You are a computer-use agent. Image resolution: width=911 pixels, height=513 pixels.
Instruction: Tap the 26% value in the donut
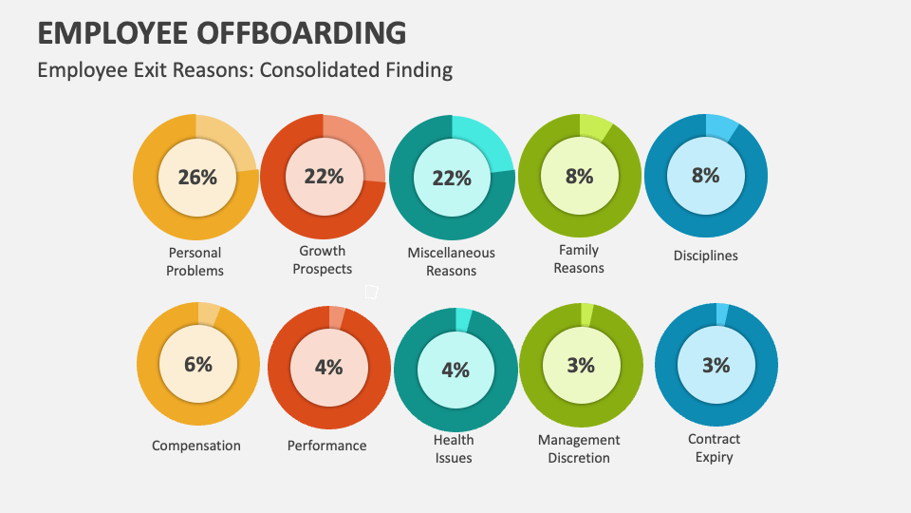pos(196,177)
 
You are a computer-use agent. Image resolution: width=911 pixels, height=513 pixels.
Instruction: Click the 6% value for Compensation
pos(198,364)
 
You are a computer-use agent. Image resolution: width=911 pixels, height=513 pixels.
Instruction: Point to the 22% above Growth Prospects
pos(324,176)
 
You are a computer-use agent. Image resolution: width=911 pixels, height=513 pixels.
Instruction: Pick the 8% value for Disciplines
pos(705,175)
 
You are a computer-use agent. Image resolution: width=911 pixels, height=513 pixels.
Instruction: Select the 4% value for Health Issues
pos(455,370)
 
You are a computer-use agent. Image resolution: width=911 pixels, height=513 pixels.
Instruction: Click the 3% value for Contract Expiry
pos(716,365)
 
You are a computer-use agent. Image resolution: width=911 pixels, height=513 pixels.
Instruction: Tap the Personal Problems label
pos(195,261)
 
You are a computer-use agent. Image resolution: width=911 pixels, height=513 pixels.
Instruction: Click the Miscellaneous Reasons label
pos(451,261)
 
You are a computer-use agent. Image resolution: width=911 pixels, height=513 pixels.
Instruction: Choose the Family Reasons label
pos(578,259)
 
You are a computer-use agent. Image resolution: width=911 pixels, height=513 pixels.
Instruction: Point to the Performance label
pos(326,446)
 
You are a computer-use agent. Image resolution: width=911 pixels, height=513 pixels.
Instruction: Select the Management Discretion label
pos(579,448)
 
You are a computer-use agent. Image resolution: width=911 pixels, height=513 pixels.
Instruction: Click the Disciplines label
pos(705,256)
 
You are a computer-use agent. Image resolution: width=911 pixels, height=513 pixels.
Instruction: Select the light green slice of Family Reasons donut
pos(595,126)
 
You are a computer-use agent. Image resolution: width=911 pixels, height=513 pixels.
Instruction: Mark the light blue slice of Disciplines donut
pos(721,126)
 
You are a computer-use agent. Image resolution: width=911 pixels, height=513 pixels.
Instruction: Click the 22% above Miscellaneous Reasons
pos(452,179)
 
